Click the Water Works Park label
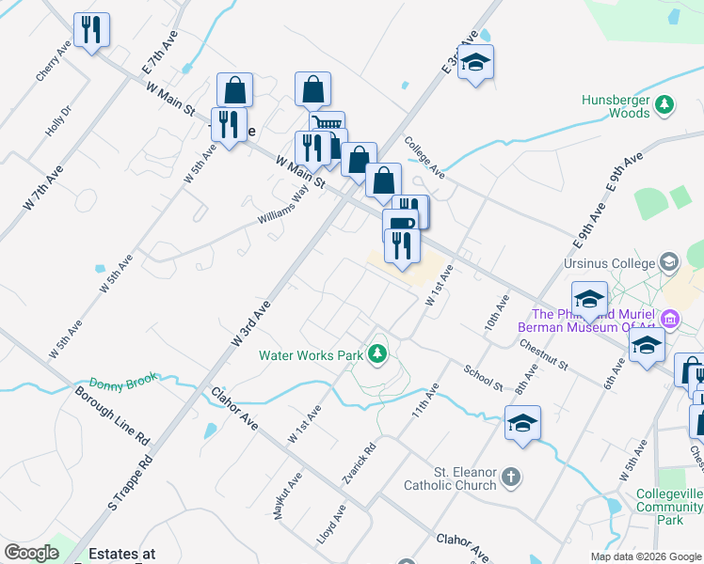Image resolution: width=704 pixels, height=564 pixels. (x=311, y=355)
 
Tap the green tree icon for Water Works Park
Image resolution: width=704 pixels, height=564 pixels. (x=377, y=353)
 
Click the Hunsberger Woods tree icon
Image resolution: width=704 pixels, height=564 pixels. (x=664, y=104)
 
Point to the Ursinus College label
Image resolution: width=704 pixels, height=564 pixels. (x=616, y=260)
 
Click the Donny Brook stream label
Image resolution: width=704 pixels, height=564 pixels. (x=120, y=384)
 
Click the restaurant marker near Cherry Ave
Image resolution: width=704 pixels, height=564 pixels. (x=91, y=30)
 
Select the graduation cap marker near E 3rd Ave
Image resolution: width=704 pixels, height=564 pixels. (x=476, y=62)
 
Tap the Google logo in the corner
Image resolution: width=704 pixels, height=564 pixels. (x=31, y=553)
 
